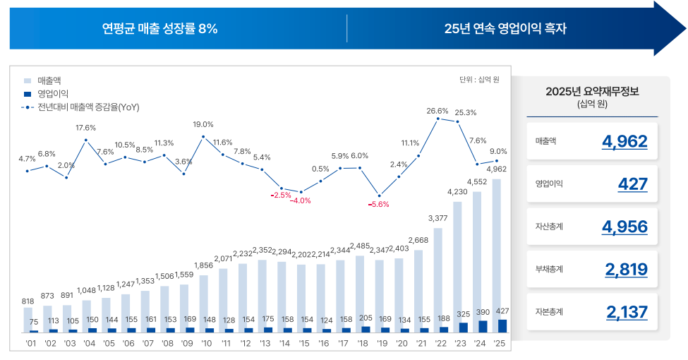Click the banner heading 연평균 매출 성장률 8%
159,29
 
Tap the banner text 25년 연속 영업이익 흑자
505,29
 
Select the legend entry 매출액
49,80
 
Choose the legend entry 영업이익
52,94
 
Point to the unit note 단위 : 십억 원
478,79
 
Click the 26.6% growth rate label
437,111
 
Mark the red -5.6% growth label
379,205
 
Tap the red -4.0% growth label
301,200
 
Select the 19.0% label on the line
203,124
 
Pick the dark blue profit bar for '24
483,326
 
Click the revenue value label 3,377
437,217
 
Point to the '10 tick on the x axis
207,344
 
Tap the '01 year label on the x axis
31,344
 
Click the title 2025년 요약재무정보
591,92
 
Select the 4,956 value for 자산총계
624,227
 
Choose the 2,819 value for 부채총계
626,269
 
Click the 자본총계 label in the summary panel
550,311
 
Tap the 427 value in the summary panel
633,184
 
